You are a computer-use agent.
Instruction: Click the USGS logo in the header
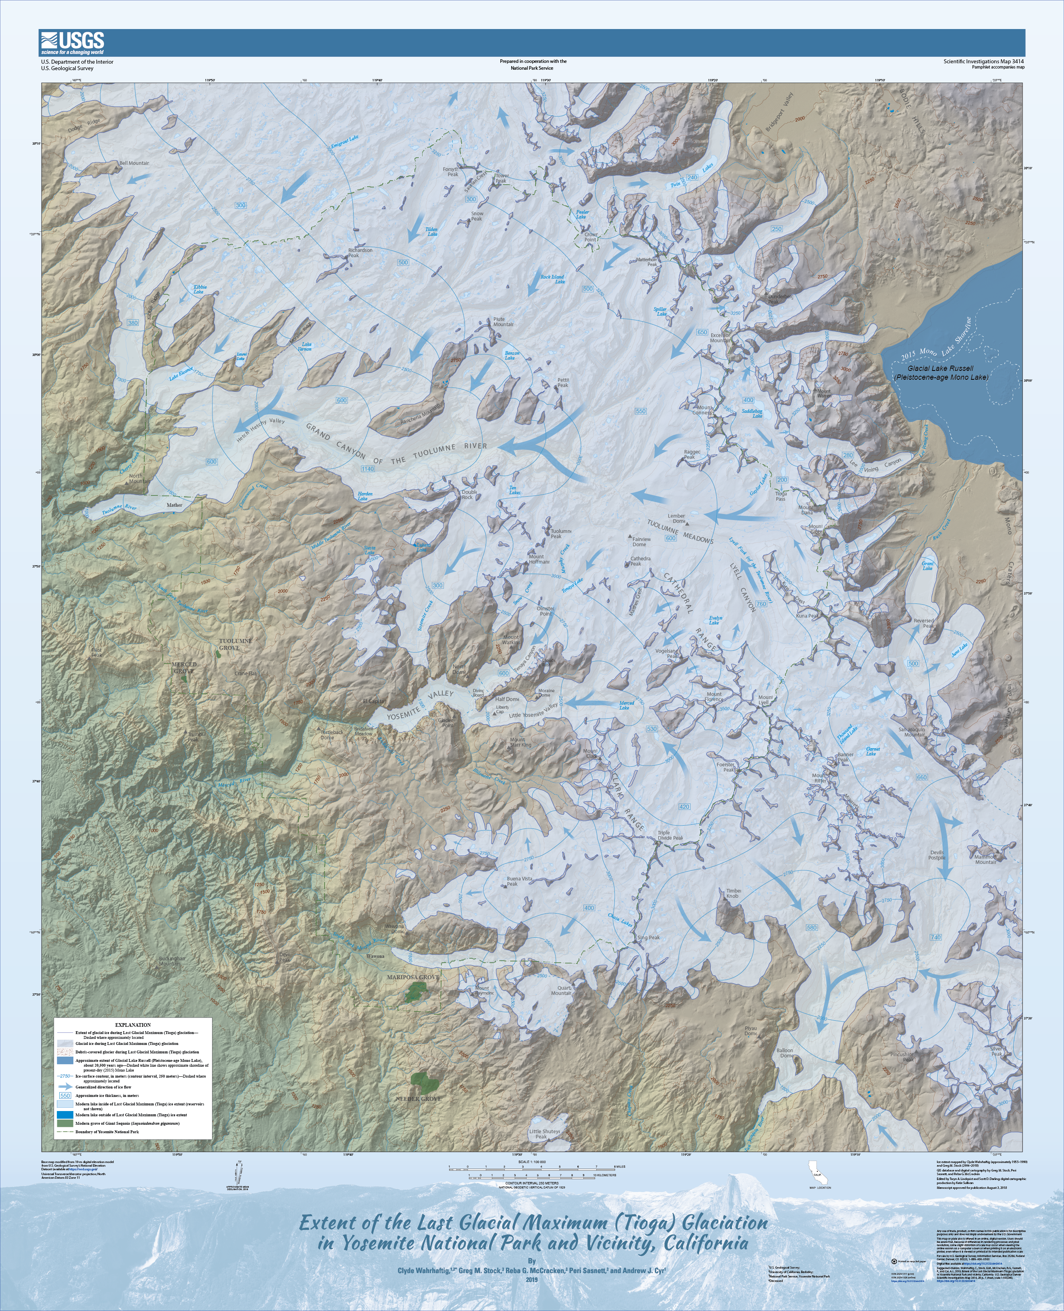[72, 43]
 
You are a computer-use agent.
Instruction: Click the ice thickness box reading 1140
[367, 469]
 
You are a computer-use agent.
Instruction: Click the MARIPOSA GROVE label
[412, 977]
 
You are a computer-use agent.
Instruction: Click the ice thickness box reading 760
[761, 604]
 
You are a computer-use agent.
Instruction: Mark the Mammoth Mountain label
[985, 859]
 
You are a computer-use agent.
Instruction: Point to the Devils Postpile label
[937, 855]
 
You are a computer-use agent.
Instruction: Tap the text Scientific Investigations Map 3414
[983, 61]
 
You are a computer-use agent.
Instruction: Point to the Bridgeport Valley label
[779, 112]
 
